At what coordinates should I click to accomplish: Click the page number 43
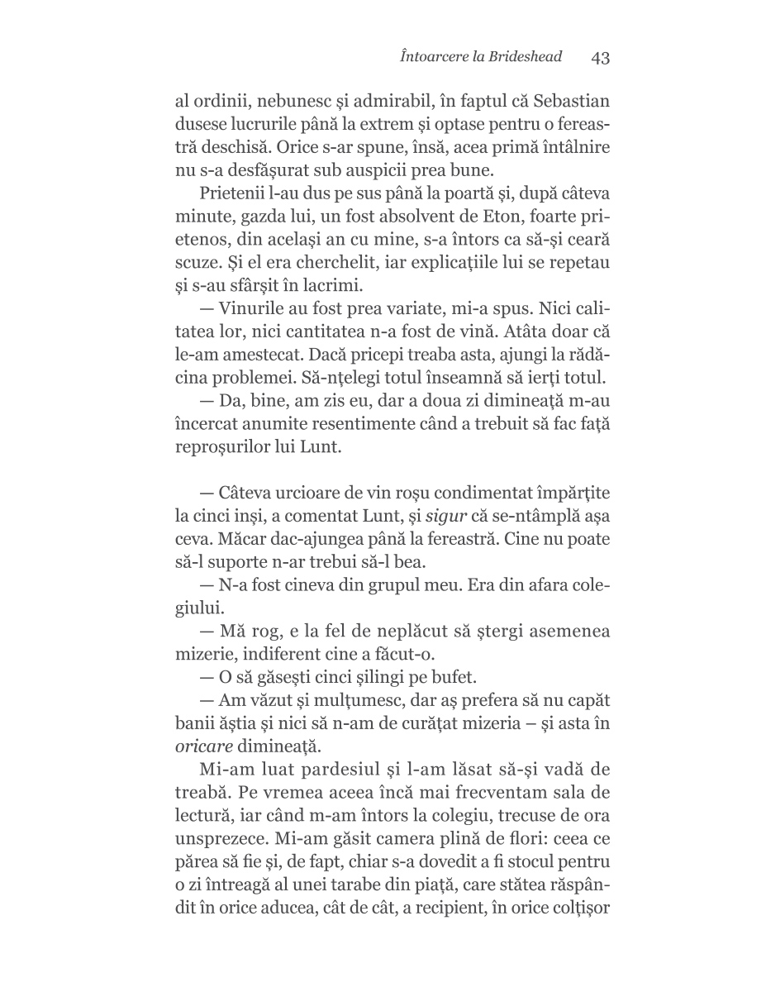click(600, 58)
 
